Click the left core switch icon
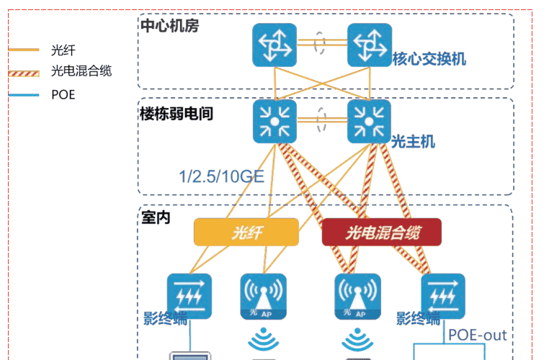274,45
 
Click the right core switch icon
370,45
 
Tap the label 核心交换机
429,59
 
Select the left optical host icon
274,120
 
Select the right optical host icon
370,120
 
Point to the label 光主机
414,141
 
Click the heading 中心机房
169,26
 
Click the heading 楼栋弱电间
177,113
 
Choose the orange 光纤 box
246,232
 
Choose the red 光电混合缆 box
381,232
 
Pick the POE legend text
63,94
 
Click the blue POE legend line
24,94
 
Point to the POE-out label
477,335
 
